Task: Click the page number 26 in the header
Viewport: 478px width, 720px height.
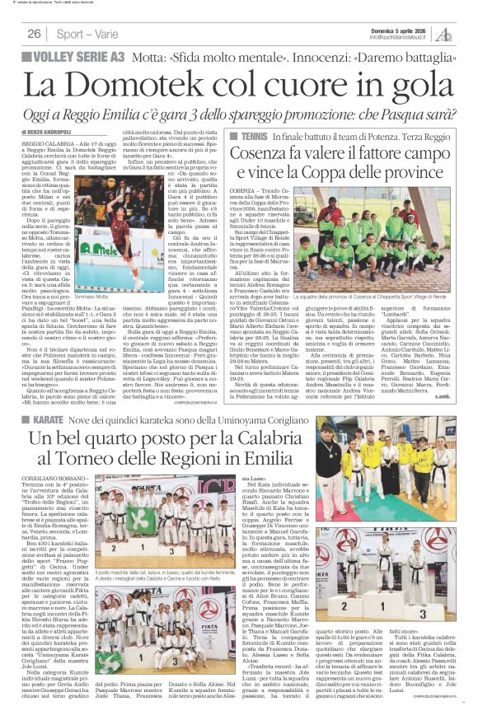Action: [x=35, y=34]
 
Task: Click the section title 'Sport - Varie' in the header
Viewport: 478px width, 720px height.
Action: [x=87, y=34]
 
